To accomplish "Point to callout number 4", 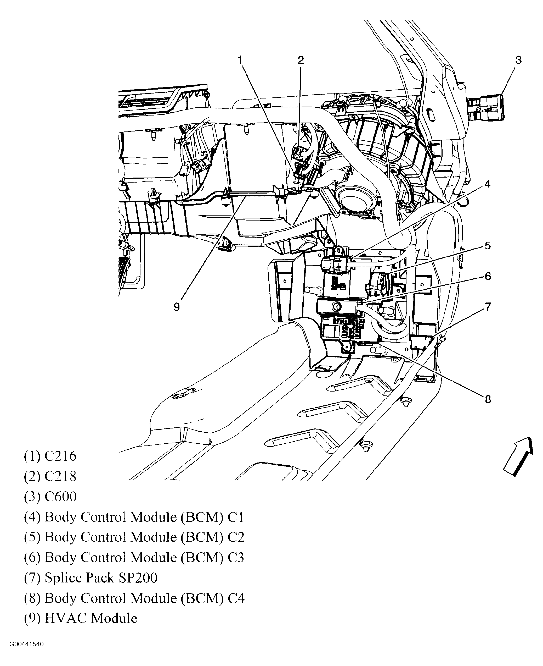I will (487, 184).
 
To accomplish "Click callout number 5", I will (488, 246).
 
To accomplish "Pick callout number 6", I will (488, 276).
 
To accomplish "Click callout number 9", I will (177, 307).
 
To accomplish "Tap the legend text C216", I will (60, 456).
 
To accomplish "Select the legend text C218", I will (60, 477).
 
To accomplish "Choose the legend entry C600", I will (60, 497).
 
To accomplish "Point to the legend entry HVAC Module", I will (91, 618).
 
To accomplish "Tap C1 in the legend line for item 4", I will (235, 517).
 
